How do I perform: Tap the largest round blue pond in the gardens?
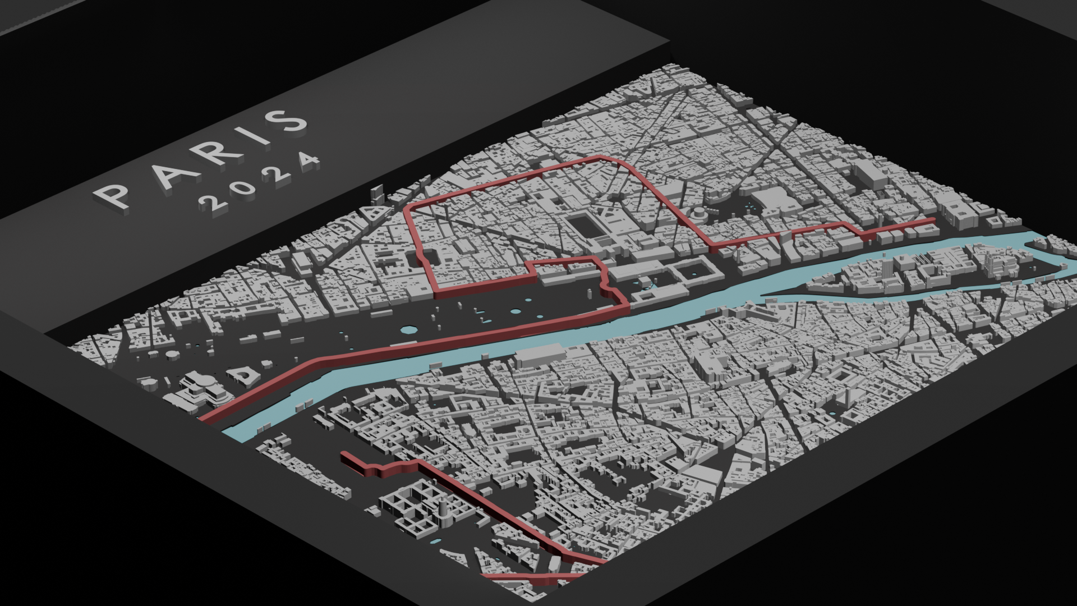tap(516, 312)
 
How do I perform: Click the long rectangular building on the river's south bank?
tap(541, 356)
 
